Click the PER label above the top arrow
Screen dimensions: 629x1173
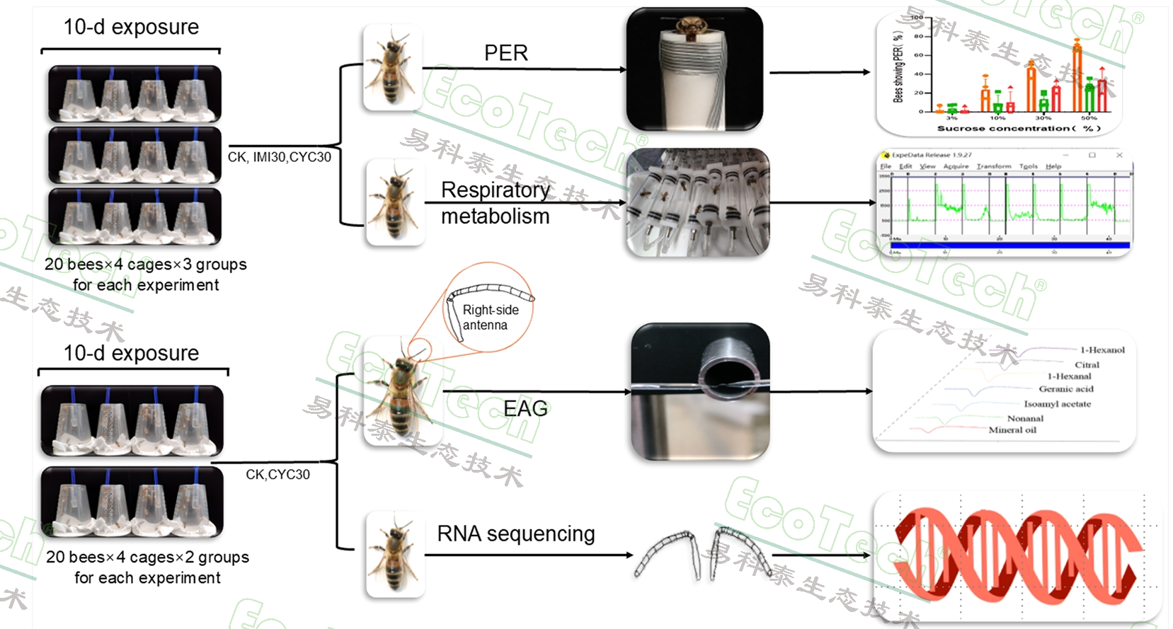click(x=505, y=53)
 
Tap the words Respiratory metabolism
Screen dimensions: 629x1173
click(x=495, y=203)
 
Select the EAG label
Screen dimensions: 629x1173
click(x=525, y=408)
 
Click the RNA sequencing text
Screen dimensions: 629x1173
click(x=515, y=533)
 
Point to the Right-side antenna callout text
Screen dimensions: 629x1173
click(x=489, y=318)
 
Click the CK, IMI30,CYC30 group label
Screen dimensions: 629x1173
click(x=279, y=157)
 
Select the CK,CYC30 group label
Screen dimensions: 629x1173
click(x=277, y=475)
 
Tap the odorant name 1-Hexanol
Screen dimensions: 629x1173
click(x=1102, y=350)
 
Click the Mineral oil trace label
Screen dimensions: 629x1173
click(x=1012, y=429)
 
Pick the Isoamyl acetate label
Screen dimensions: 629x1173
click(x=1057, y=404)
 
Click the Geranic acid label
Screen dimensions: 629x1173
click(x=1065, y=389)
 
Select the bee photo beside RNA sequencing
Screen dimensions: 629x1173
click(x=394, y=555)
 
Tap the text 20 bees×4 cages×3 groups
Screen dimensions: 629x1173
click(x=146, y=265)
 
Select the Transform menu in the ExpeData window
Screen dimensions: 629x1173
click(x=993, y=166)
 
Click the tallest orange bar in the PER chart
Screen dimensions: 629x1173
click(x=1077, y=78)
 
